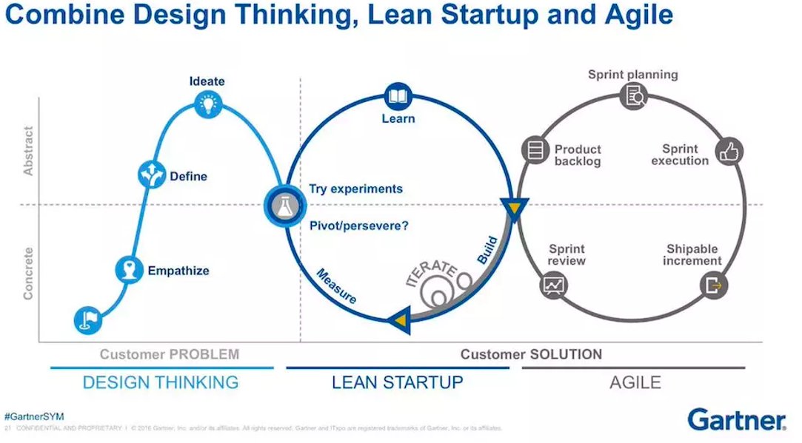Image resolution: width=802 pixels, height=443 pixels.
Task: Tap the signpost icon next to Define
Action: (153, 175)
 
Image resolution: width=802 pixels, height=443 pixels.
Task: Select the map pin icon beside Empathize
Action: (130, 270)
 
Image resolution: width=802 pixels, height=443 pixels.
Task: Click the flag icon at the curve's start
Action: (88, 319)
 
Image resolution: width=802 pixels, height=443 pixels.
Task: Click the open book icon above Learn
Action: (398, 96)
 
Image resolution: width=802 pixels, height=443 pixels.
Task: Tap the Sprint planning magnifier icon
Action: (634, 95)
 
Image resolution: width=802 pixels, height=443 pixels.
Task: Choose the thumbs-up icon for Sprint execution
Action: (729, 152)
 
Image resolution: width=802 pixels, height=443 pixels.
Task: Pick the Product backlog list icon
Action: (534, 149)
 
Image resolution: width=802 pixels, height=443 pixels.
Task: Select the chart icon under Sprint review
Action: (553, 284)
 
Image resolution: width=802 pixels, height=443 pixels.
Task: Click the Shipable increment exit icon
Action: (714, 284)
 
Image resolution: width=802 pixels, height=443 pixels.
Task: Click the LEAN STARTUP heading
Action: (397, 382)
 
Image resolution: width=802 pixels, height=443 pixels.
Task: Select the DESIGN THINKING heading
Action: (161, 382)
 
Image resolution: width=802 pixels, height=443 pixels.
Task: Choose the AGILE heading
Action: (635, 382)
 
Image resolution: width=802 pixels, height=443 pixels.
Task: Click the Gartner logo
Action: (736, 419)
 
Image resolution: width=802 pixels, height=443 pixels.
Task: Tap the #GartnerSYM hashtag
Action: (34, 417)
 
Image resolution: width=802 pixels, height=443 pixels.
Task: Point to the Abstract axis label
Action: (29, 151)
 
